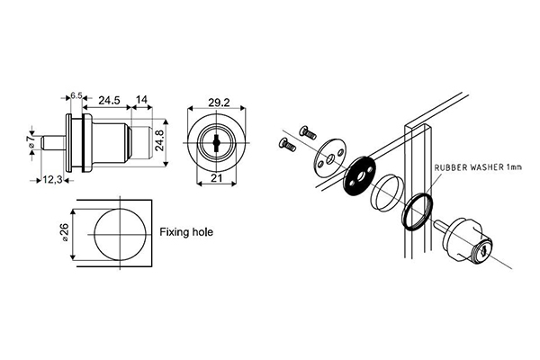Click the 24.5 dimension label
[x=109, y=100]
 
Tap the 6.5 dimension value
[x=76, y=95]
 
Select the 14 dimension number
[x=141, y=100]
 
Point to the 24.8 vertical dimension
[x=160, y=140]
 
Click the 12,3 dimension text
[x=53, y=180]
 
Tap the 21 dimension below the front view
[x=216, y=178]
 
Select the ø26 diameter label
[x=65, y=233]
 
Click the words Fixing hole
[x=186, y=232]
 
